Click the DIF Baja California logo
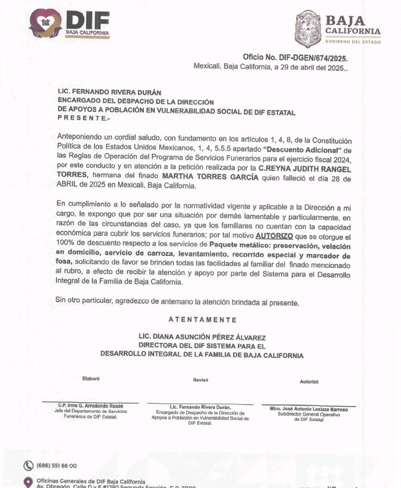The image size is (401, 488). pyautogui.click(x=70, y=23)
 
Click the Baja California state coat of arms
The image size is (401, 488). pyautogui.click(x=307, y=29)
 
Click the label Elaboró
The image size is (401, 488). pyautogui.click(x=91, y=379)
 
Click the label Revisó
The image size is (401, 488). pyautogui.click(x=200, y=380)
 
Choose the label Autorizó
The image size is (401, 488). pyautogui.click(x=309, y=381)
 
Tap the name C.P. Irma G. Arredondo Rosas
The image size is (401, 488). pyautogui.click(x=91, y=405)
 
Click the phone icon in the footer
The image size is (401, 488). pyautogui.click(x=28, y=465)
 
